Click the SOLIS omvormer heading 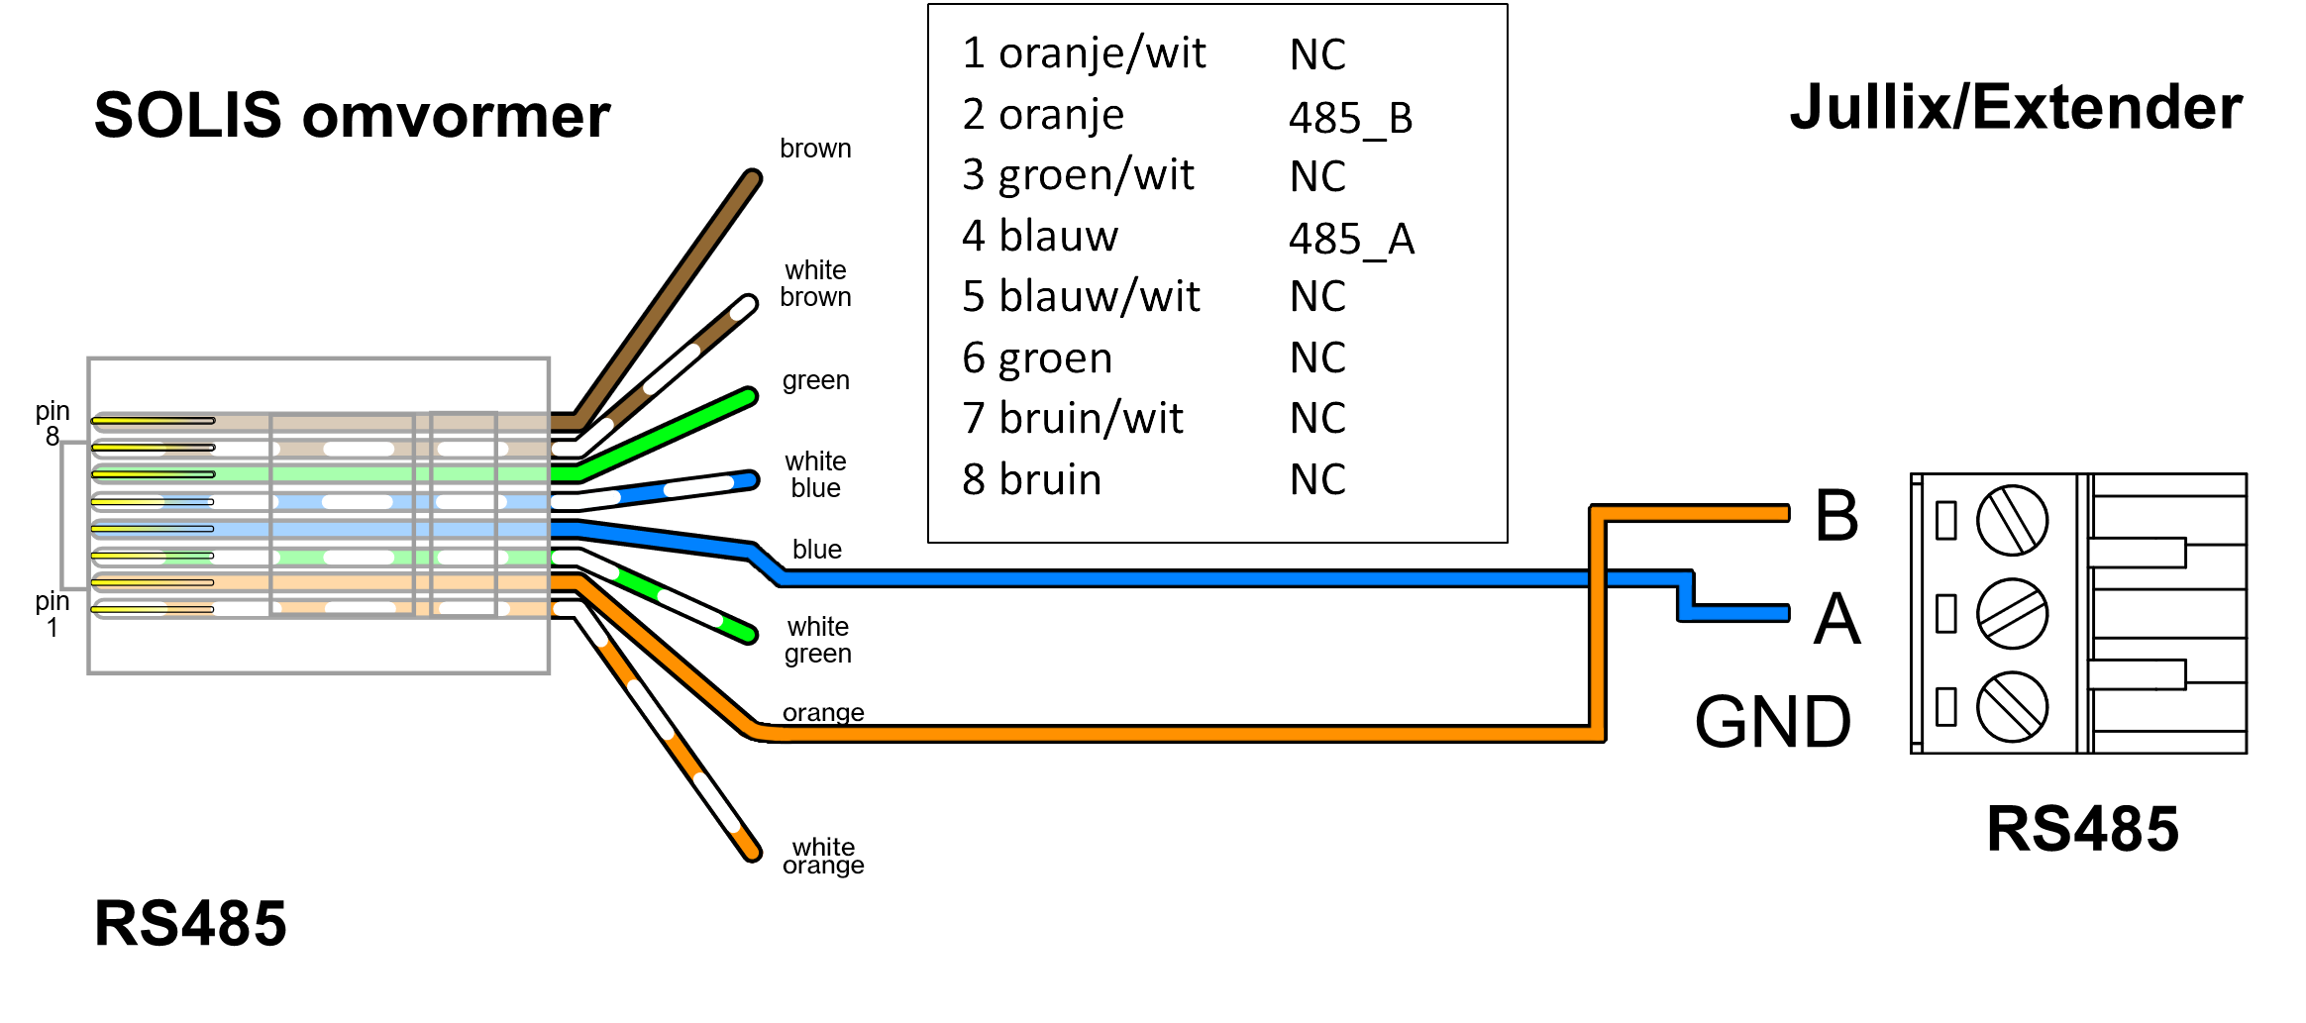point(352,116)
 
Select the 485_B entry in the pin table point(1350,119)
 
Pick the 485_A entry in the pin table point(1351,240)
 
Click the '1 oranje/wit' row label point(1084,53)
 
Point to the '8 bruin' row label point(1031,479)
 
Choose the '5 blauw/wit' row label point(1081,297)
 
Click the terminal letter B point(1835,516)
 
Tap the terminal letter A point(1836,620)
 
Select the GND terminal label point(1772,722)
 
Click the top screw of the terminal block point(2012,520)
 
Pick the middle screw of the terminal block point(2012,614)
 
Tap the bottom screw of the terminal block point(2012,706)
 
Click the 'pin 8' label point(52,424)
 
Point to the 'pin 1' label point(52,614)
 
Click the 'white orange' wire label point(823,856)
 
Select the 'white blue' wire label point(815,474)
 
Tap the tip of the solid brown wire point(752,179)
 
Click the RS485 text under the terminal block point(2082,829)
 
